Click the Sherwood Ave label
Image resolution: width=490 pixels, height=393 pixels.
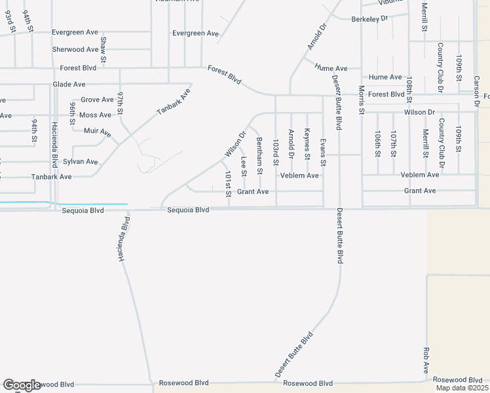click(x=75, y=50)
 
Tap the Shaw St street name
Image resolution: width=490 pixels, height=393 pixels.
click(x=104, y=45)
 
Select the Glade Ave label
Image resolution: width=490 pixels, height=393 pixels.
click(x=69, y=84)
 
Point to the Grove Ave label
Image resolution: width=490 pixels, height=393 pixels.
click(x=97, y=100)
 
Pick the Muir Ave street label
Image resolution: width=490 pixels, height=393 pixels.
click(x=98, y=132)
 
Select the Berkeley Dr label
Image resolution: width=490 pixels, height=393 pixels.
click(x=370, y=20)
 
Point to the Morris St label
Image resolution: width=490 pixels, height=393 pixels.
click(x=361, y=100)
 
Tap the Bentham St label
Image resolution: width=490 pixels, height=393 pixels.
click(x=260, y=156)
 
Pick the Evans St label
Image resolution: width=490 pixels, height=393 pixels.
click(x=323, y=151)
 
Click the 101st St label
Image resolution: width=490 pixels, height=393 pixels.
click(x=228, y=184)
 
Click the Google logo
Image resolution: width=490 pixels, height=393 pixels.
click(x=22, y=385)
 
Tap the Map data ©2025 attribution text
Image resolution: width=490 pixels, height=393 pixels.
click(x=462, y=388)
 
